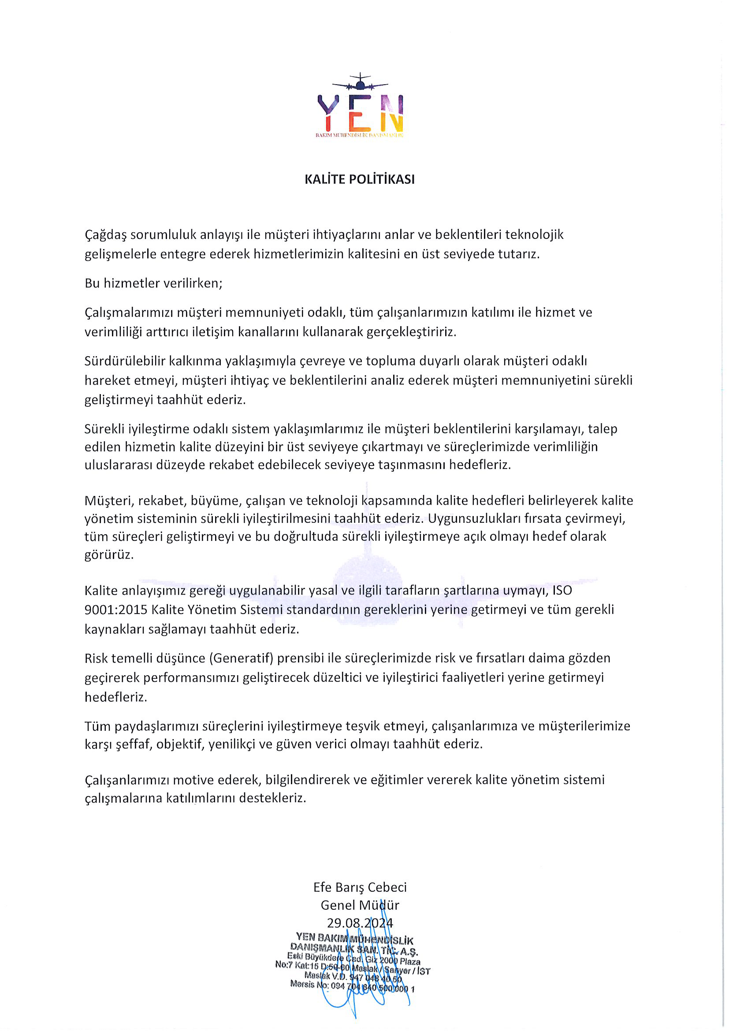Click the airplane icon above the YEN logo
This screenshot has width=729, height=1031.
click(x=360, y=82)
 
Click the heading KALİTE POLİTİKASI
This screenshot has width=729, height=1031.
click(x=360, y=179)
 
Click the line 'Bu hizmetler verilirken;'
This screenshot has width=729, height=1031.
click(x=153, y=283)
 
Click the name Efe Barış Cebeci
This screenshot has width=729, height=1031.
click(x=360, y=887)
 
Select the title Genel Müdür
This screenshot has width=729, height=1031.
click(x=360, y=905)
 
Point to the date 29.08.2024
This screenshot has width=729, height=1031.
click(x=360, y=923)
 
